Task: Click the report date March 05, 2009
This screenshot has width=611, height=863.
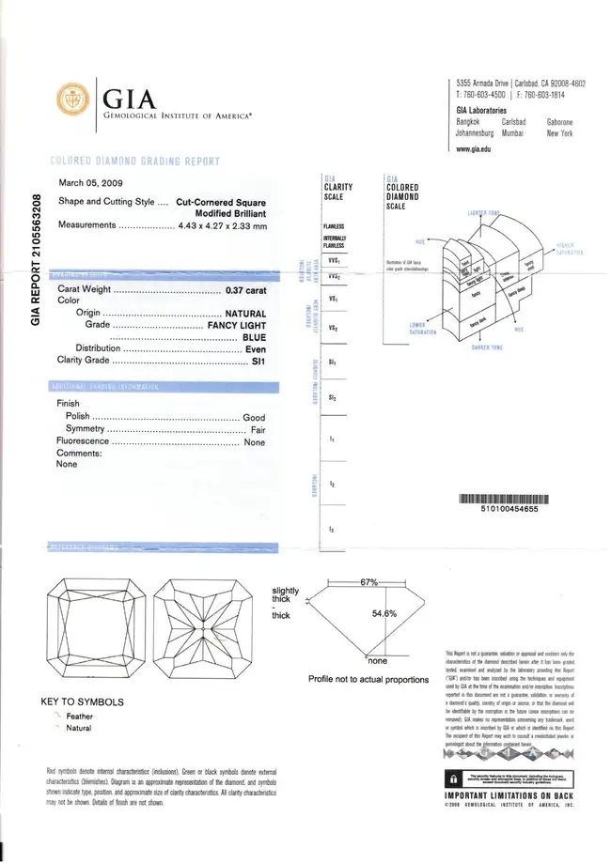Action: pyautogui.click(x=91, y=183)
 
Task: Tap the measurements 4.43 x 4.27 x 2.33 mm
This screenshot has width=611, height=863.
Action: pyautogui.click(x=223, y=225)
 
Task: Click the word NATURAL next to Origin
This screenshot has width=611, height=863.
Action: pyautogui.click(x=245, y=313)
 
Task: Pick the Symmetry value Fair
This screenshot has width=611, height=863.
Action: pyautogui.click(x=254, y=429)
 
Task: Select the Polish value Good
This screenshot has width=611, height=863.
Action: pyautogui.click(x=254, y=416)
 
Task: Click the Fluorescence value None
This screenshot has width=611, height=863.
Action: pyautogui.click(x=254, y=442)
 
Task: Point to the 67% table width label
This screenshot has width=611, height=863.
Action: pyautogui.click(x=368, y=583)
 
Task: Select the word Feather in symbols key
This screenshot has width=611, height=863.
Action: pyautogui.click(x=80, y=716)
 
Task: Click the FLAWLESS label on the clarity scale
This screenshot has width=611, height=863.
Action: pyautogui.click(x=333, y=226)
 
